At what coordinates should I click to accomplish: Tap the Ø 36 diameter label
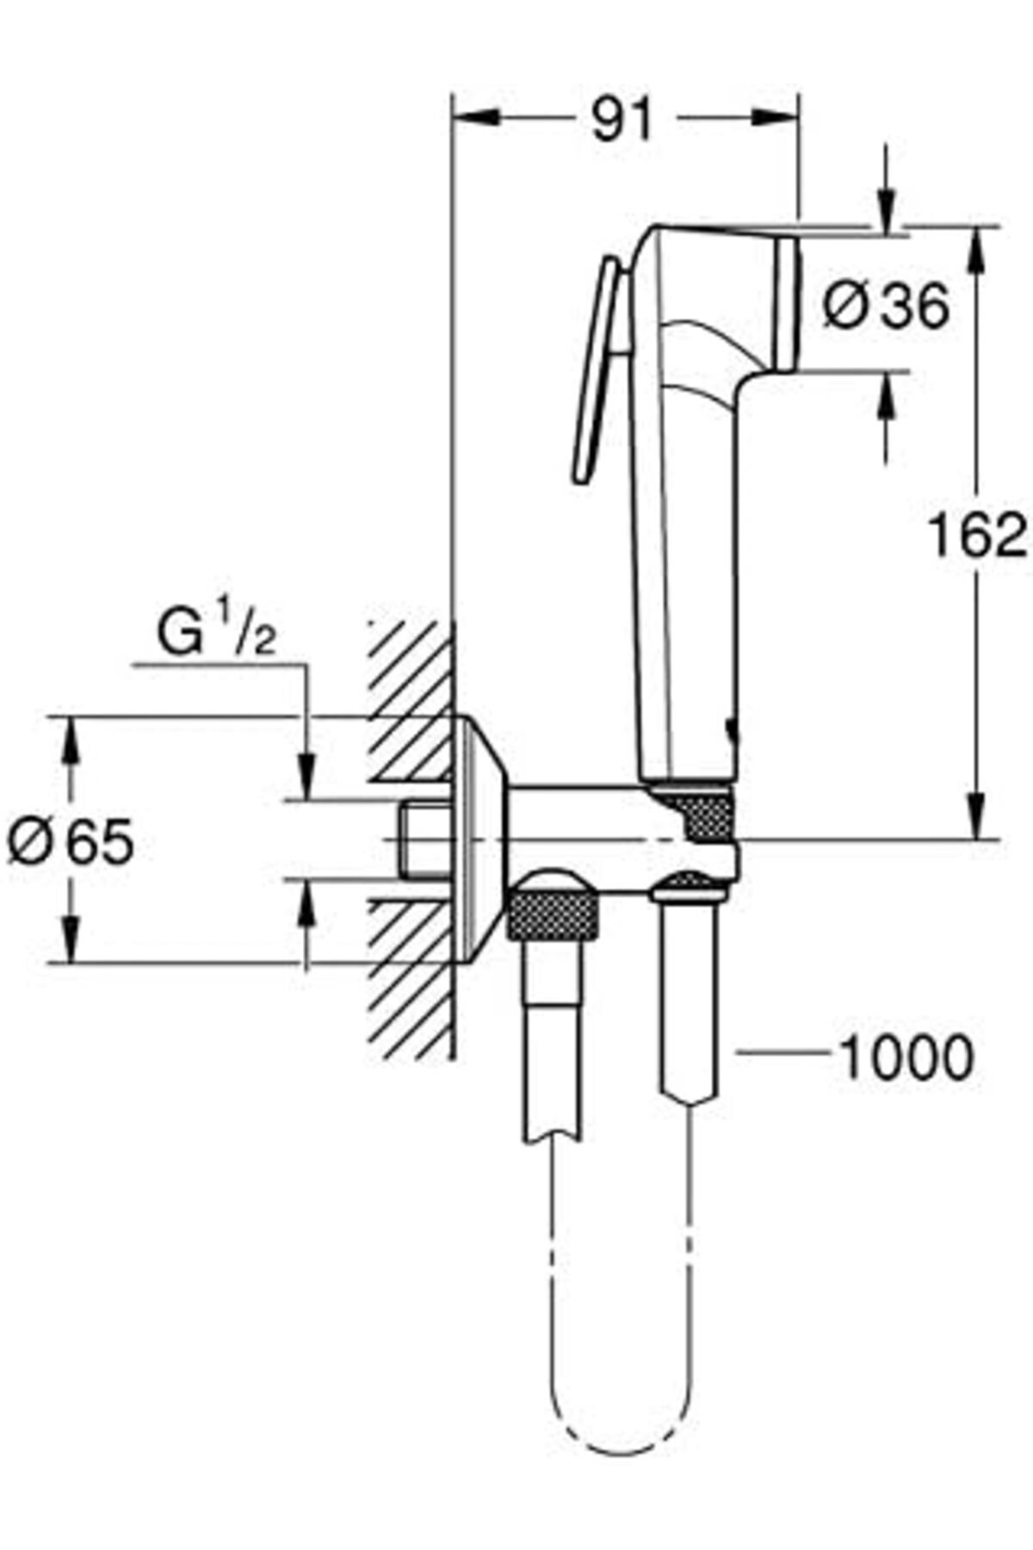886,306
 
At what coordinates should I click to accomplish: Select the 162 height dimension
977,536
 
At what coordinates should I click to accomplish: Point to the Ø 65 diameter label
71,841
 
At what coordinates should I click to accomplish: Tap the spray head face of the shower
788,304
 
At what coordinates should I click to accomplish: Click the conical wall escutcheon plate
479,839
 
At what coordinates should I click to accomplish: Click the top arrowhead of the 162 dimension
978,250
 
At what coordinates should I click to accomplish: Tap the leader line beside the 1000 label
783,1051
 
